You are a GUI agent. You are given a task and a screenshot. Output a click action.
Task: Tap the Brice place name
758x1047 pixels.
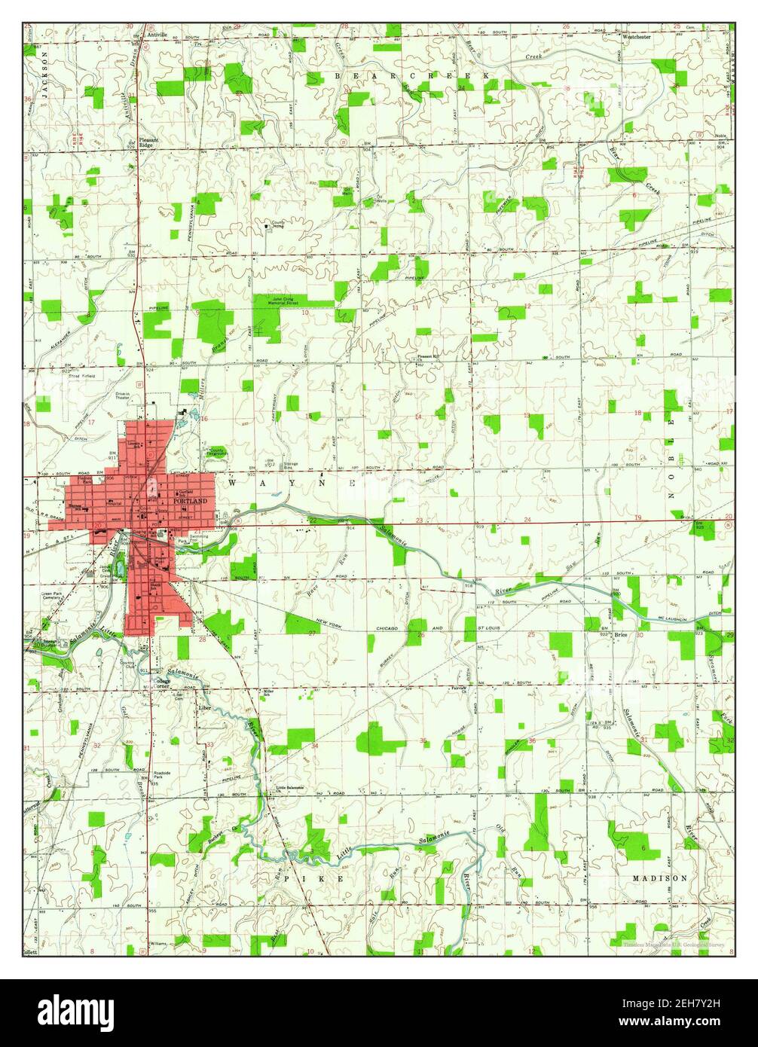tap(620, 635)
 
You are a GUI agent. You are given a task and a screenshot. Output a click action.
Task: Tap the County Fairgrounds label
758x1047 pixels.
tap(216, 452)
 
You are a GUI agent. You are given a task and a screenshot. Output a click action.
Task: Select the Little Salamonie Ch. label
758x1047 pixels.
tap(290, 788)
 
